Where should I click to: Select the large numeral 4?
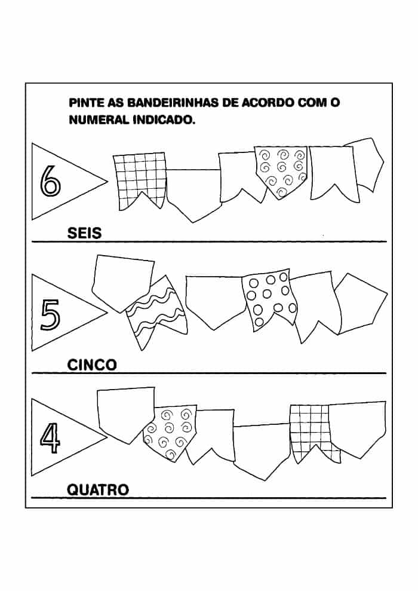click(50, 438)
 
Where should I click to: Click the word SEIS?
click(84, 233)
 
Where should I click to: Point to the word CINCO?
click(92, 365)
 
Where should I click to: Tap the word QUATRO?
click(98, 489)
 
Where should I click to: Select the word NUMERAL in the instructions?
click(99, 120)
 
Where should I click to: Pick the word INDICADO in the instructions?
click(164, 120)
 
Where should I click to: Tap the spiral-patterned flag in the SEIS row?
click(282, 171)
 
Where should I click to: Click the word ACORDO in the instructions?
click(267, 103)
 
